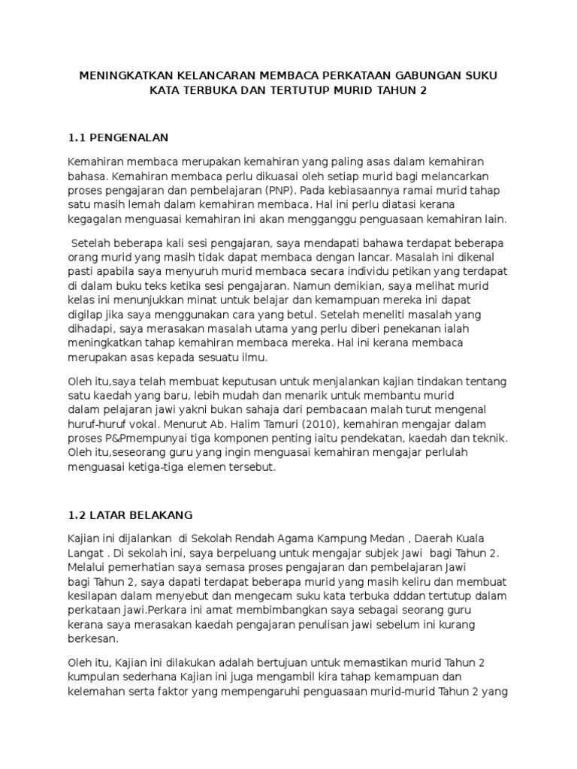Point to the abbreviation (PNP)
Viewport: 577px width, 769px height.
tap(281, 191)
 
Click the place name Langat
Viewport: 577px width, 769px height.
tap(85, 553)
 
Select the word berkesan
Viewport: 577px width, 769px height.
tap(93, 639)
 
